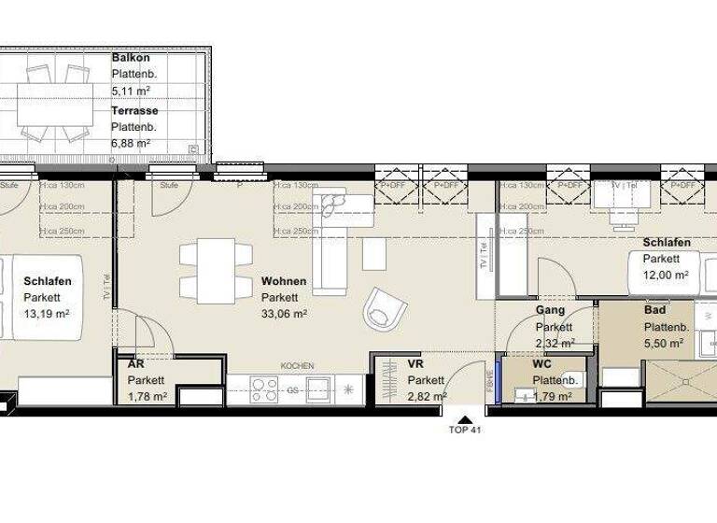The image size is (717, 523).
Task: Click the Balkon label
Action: [131, 58]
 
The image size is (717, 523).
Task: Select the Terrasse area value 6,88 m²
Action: [131, 143]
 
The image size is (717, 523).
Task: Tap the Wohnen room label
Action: [284, 281]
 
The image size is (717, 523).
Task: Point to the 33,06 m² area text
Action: [285, 315]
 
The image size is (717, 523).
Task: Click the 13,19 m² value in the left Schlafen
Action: [48, 315]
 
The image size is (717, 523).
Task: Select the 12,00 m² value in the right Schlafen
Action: [666, 276]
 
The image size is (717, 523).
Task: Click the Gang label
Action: [551, 310]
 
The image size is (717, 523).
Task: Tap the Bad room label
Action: [654, 310]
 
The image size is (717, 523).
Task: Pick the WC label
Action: [541, 364]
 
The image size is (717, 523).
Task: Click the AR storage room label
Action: [135, 365]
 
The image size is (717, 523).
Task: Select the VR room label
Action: [416, 364]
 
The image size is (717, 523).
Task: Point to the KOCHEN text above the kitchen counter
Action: [297, 366]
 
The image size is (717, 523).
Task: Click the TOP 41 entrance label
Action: [464, 431]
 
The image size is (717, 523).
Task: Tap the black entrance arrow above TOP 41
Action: [464, 417]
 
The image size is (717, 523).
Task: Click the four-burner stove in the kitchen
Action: [265, 388]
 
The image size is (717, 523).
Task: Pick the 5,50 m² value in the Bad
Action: [664, 343]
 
